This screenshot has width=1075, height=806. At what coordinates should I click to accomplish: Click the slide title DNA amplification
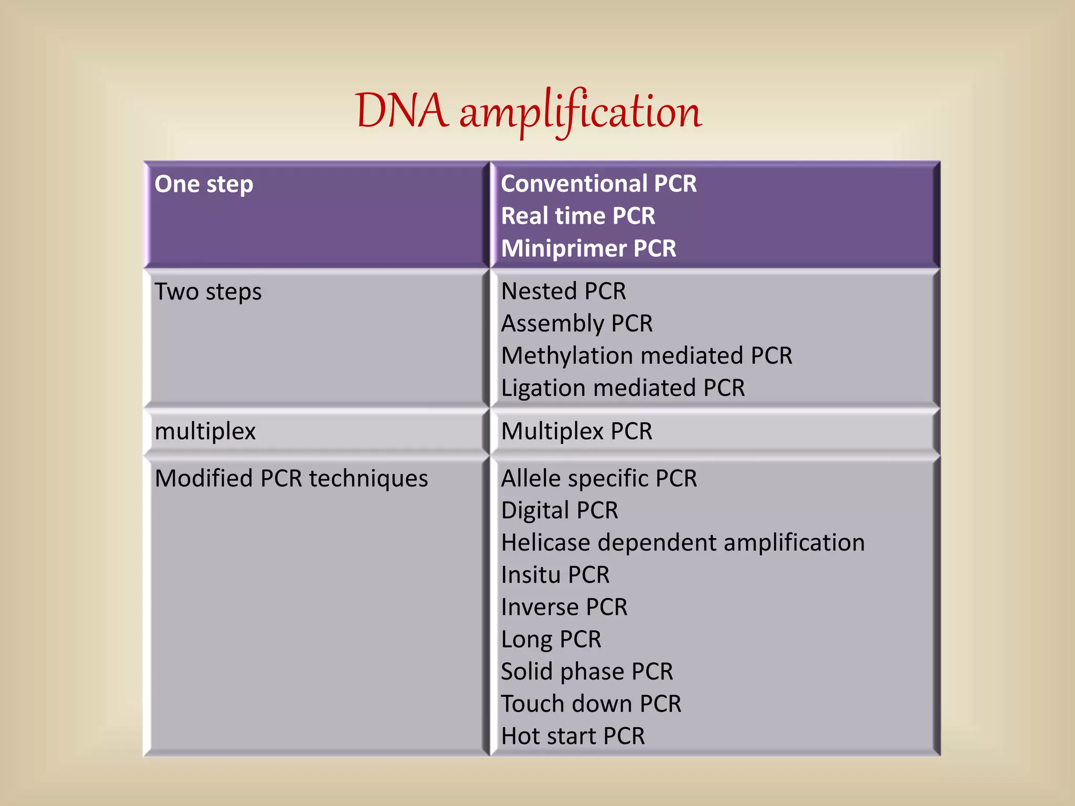(528, 112)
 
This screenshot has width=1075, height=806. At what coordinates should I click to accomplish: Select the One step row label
(204, 185)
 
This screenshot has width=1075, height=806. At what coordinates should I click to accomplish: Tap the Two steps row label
(208, 292)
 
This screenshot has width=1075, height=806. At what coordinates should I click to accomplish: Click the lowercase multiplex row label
(205, 432)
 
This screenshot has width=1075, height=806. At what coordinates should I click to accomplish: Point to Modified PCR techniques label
(291, 479)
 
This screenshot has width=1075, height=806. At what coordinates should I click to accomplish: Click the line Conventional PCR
(598, 184)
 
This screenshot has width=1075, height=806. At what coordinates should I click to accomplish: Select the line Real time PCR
(578, 216)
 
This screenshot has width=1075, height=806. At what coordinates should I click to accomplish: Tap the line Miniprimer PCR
(588, 249)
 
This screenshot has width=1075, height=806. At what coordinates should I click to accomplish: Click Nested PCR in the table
(563, 292)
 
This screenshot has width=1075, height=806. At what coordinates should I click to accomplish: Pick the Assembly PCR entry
(576, 324)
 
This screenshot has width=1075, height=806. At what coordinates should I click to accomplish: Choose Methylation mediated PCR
(646, 356)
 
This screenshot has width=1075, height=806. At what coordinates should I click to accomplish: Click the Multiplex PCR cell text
(576, 432)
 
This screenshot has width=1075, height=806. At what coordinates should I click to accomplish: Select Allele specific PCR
(599, 479)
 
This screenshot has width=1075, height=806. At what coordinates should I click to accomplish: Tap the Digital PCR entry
(560, 511)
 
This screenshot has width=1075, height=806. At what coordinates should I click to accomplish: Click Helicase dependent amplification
(682, 543)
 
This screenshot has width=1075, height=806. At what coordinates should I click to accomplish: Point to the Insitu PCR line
(555, 575)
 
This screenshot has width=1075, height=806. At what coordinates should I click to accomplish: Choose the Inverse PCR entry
(564, 608)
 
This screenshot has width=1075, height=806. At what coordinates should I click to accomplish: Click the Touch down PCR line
(591, 704)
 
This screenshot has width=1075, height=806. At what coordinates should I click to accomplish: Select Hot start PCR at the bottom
(573, 736)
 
